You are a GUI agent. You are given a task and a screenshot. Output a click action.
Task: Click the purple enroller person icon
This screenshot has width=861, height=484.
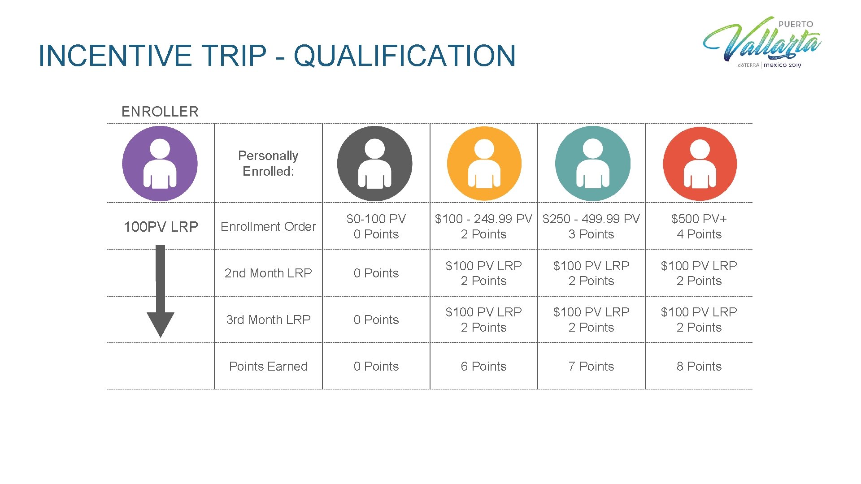click(x=160, y=164)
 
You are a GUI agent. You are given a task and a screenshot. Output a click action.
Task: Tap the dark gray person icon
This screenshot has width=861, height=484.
click(x=374, y=164)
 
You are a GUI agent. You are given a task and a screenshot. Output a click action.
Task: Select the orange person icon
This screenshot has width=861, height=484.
click(x=484, y=164)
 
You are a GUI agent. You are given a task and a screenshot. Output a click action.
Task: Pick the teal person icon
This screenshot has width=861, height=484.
click(x=592, y=164)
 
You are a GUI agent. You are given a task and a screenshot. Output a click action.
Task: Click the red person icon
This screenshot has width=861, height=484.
click(x=700, y=164)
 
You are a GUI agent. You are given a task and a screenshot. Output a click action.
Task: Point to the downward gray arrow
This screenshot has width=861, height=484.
click(x=160, y=291)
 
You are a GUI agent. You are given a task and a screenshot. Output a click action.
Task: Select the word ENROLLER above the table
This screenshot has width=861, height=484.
click(x=160, y=112)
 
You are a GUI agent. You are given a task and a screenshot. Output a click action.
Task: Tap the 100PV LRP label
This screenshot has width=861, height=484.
click(x=161, y=227)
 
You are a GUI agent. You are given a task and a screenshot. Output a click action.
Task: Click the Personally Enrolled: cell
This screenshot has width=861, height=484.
click(x=268, y=164)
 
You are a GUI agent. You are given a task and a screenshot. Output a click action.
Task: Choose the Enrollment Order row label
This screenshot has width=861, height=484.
click(x=268, y=227)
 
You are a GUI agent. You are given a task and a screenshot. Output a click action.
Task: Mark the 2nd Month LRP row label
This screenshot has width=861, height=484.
click(x=268, y=273)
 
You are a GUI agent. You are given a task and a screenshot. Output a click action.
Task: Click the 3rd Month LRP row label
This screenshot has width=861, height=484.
click(x=268, y=320)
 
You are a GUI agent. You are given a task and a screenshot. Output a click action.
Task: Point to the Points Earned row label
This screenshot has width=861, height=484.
click(x=268, y=367)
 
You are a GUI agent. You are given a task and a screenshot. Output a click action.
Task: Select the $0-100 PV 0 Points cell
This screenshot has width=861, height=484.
click(x=376, y=227)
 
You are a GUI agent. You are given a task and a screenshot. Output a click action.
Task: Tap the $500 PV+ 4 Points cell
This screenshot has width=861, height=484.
click(x=699, y=227)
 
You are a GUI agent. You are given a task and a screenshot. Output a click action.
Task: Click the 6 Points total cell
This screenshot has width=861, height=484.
click(x=483, y=367)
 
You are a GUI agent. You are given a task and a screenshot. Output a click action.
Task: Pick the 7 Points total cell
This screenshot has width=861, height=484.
click(x=591, y=367)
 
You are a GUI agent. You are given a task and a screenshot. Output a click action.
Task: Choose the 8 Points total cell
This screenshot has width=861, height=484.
click(x=699, y=367)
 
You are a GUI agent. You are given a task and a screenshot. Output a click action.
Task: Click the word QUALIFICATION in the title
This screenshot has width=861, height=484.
click(x=404, y=56)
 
